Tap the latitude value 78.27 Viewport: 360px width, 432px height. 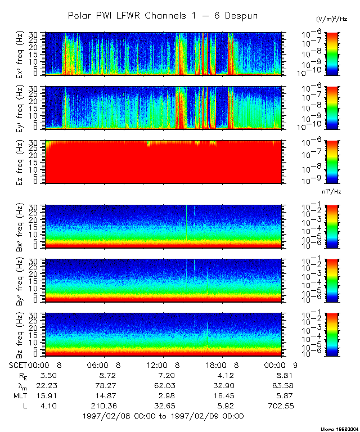click(x=107, y=385)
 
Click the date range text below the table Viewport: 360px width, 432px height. click(x=163, y=416)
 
